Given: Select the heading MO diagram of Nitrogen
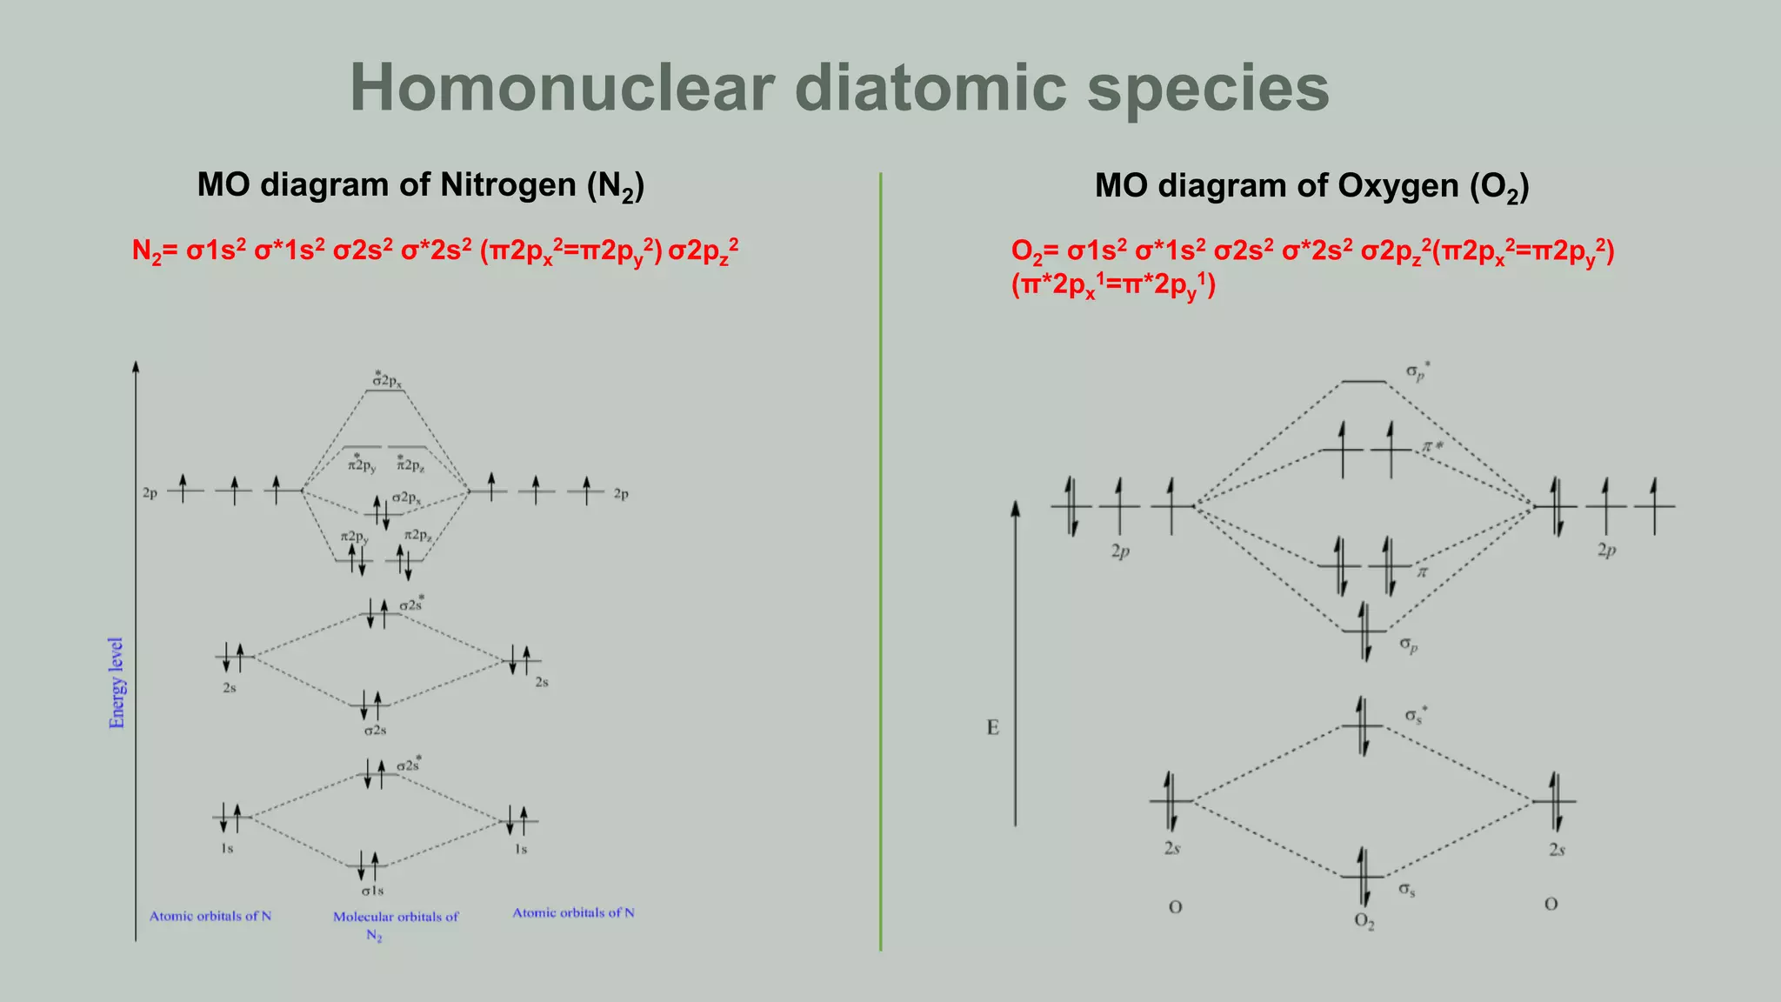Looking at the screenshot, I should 420,186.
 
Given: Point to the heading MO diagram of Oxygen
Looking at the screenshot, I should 1311,187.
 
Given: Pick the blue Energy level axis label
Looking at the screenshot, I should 117,683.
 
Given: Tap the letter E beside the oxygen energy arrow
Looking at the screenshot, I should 993,728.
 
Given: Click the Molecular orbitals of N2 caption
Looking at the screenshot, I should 396,925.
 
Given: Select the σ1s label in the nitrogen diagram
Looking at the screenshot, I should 372,891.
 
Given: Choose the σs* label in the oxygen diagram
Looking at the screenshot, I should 1415,716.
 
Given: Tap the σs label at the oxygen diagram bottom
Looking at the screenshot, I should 1406,890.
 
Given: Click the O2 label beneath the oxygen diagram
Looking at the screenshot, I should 1364,921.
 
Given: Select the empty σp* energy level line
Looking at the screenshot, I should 1364,382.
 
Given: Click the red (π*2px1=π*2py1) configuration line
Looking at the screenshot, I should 1113,285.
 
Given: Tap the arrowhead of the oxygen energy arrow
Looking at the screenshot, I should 1015,508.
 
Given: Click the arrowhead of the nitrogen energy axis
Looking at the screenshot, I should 136,366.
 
